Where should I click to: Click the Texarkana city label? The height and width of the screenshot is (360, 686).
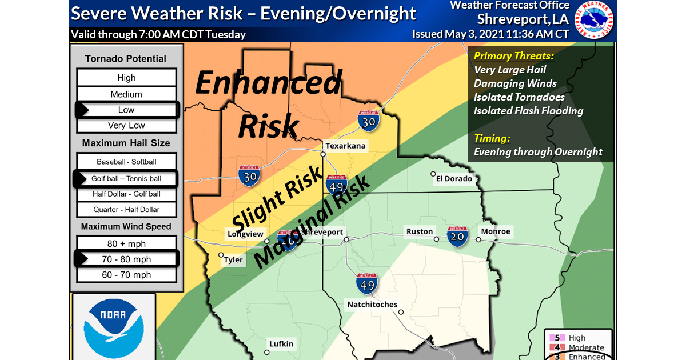coord(345,146)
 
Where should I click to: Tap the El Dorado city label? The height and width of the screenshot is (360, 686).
coord(454,179)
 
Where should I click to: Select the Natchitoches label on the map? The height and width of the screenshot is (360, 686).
coord(372,305)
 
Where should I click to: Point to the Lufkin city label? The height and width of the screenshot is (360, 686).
coord(282,343)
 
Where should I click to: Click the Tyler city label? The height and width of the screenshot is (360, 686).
coord(233,260)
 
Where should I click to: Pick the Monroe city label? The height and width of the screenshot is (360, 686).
coord(496,231)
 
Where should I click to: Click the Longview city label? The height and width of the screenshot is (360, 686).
coord(245,234)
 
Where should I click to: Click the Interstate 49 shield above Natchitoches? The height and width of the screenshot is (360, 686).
coord(367,283)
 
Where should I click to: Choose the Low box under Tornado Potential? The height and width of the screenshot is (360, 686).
coord(126,110)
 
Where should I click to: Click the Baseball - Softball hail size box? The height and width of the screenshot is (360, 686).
coord(126,162)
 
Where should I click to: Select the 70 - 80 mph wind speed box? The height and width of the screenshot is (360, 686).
coord(126,259)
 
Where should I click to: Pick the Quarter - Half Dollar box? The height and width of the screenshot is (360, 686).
coord(126,210)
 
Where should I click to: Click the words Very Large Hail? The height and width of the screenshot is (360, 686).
coord(510,70)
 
